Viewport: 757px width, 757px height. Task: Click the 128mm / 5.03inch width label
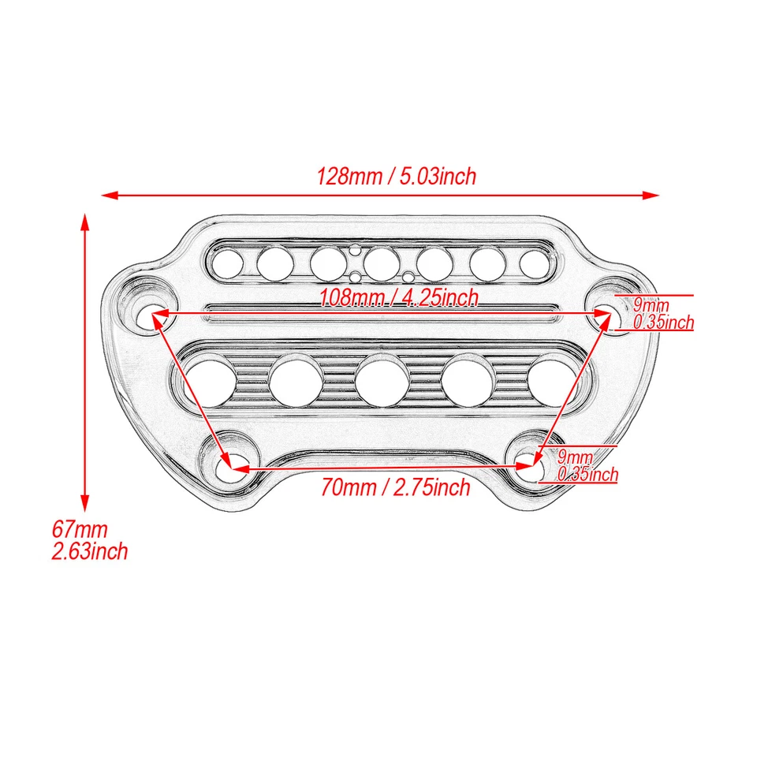(x=397, y=175)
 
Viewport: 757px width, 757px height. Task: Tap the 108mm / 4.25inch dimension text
(x=398, y=298)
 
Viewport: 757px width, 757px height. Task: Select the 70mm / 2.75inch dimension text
(x=395, y=487)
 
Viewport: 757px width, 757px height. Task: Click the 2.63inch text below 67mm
(x=89, y=550)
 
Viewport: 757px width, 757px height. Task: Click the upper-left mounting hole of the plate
(x=151, y=316)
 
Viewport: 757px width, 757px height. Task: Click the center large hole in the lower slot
(x=382, y=378)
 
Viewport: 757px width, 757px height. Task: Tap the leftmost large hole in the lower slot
(x=210, y=378)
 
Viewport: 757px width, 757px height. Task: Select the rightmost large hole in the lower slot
(x=554, y=378)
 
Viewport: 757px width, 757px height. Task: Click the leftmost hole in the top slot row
(x=226, y=262)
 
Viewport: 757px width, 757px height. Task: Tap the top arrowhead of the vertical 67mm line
(x=85, y=218)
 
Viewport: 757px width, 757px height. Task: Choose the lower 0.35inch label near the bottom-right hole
(x=587, y=474)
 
